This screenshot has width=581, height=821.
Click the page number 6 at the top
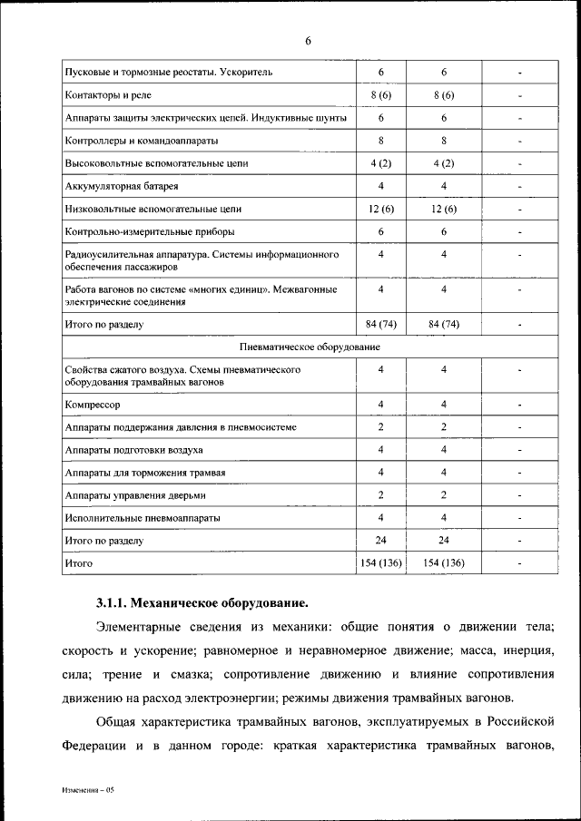coord(308,41)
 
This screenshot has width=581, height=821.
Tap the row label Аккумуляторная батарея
coord(115,186)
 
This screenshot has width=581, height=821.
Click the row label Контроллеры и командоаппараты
coord(142,141)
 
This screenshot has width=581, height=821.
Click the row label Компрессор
coord(93,404)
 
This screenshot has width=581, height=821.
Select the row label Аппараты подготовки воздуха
coord(133,450)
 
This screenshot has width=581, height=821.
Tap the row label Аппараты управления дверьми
coord(136,495)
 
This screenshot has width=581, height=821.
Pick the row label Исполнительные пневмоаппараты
coord(143,518)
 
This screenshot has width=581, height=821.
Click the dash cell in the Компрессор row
coord(520,404)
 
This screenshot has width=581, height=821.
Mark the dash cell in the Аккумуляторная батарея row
coord(520,186)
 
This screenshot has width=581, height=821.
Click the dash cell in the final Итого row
coord(520,563)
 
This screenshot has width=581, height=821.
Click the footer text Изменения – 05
coord(88,790)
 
